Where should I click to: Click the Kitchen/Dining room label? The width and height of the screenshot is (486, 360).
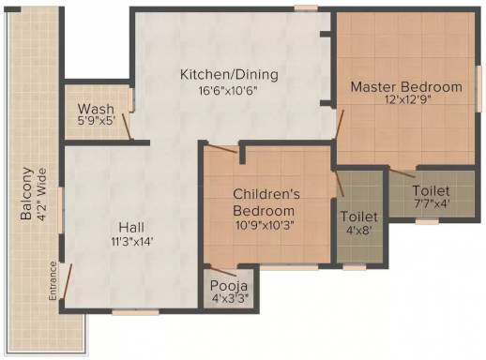[x=229, y=75]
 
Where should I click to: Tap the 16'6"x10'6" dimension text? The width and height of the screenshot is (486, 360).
[x=228, y=91]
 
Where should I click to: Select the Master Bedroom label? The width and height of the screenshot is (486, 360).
[x=406, y=86]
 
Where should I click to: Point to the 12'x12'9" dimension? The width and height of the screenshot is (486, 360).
[x=408, y=100]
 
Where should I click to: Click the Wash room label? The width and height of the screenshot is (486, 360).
[x=96, y=109]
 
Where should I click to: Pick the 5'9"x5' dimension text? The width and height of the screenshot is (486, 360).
[x=97, y=121]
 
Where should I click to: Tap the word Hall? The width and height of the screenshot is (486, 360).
[x=131, y=227]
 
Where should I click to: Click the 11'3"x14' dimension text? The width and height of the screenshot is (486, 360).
[x=132, y=242]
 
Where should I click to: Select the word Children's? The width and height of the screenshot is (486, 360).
[x=266, y=194]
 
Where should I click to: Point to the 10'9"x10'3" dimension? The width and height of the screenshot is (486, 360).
[x=266, y=225]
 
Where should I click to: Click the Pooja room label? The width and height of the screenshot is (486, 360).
[x=229, y=286]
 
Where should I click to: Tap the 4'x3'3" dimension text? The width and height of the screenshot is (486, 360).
[x=230, y=298]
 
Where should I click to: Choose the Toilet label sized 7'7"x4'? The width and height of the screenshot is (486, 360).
[x=431, y=190]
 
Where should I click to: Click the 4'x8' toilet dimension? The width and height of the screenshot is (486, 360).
[x=359, y=231]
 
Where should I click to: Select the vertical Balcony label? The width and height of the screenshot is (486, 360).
[x=26, y=194]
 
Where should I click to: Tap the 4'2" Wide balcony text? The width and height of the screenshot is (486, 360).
[x=42, y=195]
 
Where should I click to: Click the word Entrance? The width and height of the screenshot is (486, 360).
[x=53, y=281]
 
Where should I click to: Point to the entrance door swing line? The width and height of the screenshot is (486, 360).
[x=68, y=281]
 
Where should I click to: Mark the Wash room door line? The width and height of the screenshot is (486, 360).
[x=127, y=127]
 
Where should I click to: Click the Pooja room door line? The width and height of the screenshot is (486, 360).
[x=223, y=273]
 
